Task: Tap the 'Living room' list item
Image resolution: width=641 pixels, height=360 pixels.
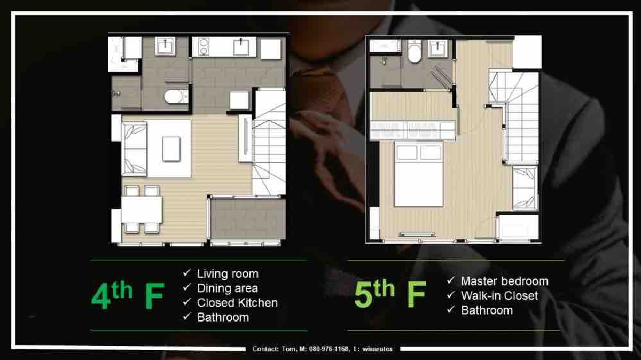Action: [228, 274]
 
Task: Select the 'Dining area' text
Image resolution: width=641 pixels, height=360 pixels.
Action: [228, 288]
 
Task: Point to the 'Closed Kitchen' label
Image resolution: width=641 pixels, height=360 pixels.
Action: [237, 303]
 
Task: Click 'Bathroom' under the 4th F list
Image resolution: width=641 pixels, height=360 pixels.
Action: [223, 317]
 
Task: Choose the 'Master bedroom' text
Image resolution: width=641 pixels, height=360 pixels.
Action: [504, 281]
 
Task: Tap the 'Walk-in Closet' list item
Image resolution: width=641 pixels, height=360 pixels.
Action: [499, 295]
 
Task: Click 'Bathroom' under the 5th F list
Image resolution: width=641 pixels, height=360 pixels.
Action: [487, 310]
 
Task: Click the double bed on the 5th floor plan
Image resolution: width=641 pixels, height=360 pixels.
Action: [419, 174]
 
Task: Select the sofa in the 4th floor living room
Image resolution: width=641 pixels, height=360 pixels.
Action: [134, 148]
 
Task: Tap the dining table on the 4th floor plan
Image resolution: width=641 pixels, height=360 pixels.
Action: [141, 209]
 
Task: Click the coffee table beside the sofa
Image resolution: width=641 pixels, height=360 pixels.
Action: [171, 148]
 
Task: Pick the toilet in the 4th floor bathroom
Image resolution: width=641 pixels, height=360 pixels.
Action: [176, 97]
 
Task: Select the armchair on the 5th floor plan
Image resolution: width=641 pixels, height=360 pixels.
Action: [525, 188]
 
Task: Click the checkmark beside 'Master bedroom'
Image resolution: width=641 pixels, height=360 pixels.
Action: [451, 280]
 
